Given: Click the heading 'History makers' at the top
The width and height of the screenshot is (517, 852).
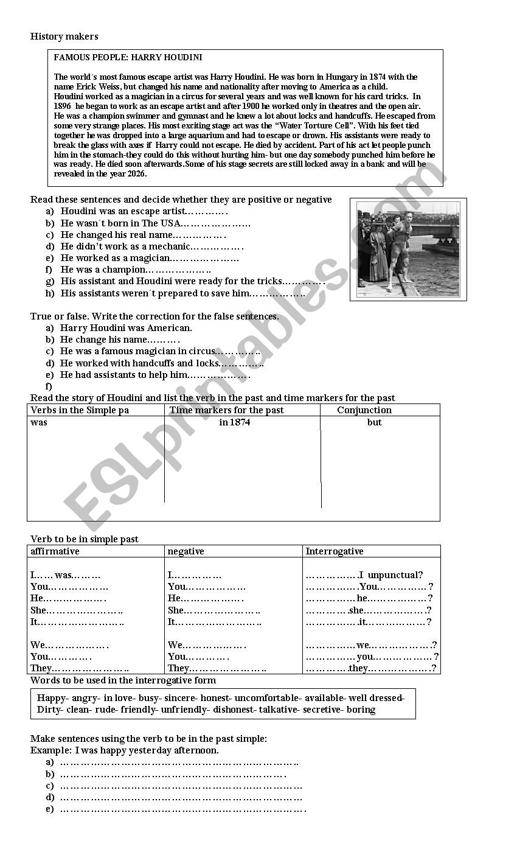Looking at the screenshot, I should [x=64, y=37].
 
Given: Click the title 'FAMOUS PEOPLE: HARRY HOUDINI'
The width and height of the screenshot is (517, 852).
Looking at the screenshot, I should [x=128, y=57].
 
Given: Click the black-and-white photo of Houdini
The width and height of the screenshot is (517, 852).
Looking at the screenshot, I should [x=408, y=249].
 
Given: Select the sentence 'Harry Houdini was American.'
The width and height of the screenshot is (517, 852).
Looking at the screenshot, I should [x=126, y=328].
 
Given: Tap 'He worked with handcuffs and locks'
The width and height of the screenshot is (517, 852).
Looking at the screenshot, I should [x=139, y=363].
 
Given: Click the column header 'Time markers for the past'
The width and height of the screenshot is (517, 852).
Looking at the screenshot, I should [x=226, y=410].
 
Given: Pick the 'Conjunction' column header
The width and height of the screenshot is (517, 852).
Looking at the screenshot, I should [x=364, y=410].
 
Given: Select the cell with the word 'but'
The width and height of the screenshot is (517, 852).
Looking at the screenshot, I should [x=374, y=422].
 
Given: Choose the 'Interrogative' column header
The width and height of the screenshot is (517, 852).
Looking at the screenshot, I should [x=335, y=551].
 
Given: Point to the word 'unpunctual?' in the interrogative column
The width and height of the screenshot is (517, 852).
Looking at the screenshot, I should [x=395, y=575].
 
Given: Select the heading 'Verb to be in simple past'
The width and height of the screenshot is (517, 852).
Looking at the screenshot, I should [x=85, y=539].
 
